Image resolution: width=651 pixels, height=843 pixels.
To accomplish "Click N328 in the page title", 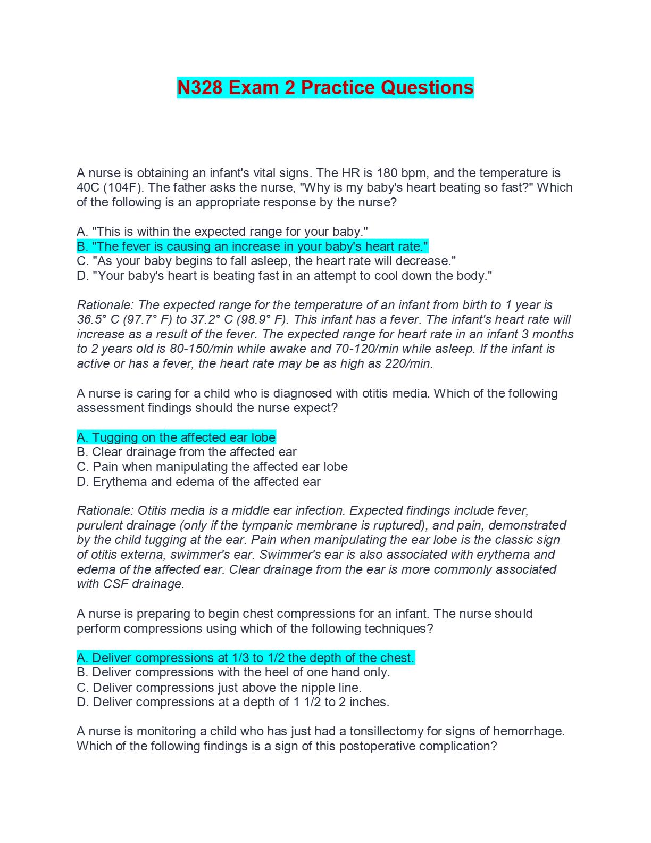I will tap(199, 88).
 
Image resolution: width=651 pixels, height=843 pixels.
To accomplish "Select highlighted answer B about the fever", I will tap(252, 246).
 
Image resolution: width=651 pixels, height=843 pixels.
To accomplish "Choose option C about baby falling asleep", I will tap(266, 261).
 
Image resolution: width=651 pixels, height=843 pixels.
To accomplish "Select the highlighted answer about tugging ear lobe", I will tap(176, 437).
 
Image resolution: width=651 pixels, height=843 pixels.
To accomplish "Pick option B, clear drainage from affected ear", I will tap(186, 452).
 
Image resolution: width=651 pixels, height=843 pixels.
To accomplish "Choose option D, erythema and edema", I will tap(198, 482).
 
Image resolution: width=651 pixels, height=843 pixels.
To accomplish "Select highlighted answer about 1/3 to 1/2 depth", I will tap(245, 658).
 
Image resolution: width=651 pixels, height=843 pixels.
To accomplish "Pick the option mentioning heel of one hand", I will tap(233, 672).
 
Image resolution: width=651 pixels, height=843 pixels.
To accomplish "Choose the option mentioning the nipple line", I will tap(219, 687).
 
